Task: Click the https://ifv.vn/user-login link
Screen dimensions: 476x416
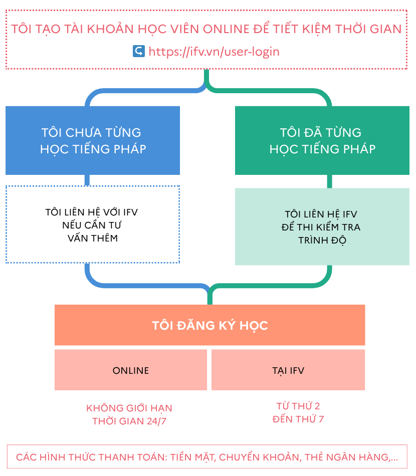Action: (214, 52)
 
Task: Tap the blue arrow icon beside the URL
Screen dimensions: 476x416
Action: (139, 51)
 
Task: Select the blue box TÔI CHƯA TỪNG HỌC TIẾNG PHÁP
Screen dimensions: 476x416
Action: (93, 140)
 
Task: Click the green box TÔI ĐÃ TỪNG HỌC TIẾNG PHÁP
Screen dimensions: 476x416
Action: (322, 140)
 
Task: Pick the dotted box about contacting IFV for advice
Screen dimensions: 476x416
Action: (93, 224)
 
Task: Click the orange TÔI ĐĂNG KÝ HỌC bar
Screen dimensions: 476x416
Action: (210, 325)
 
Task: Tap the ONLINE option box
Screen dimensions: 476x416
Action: (131, 370)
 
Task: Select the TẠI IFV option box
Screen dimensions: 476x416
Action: (288, 370)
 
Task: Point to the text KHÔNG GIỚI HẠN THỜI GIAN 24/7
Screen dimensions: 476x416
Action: (129, 414)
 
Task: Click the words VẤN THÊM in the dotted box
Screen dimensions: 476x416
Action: (93, 238)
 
